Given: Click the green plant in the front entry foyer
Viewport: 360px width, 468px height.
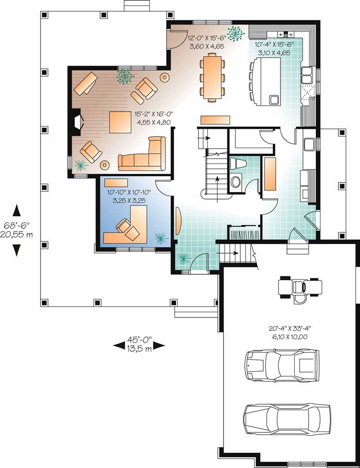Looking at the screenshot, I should [184, 258].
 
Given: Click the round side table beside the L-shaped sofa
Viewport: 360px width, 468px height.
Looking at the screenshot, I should [105, 165].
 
